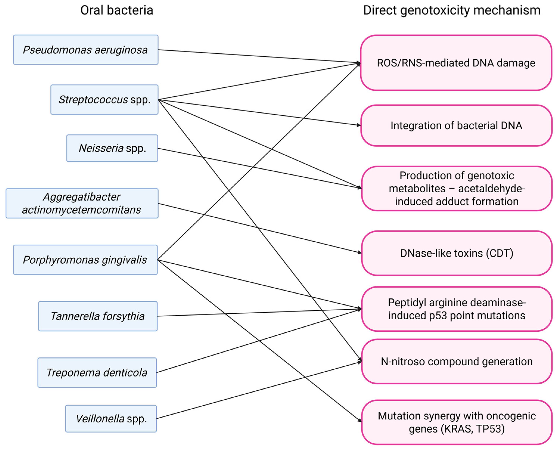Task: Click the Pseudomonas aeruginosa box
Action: click(86, 50)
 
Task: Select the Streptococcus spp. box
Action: click(104, 100)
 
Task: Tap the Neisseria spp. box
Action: click(112, 148)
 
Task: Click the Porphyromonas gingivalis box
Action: click(85, 260)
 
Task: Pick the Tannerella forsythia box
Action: click(98, 316)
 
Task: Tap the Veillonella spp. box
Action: click(111, 419)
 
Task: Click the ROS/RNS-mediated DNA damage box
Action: click(456, 63)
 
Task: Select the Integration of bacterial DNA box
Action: click(456, 125)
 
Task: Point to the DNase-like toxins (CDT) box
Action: click(456, 253)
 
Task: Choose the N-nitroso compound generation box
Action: click(456, 361)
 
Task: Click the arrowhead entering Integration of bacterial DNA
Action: click(359, 125)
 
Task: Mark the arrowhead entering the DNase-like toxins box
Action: click(360, 252)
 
